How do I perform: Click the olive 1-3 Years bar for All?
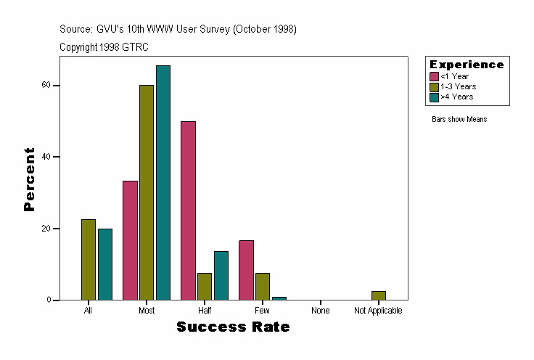click(x=89, y=259)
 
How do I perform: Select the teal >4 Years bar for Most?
click(x=163, y=182)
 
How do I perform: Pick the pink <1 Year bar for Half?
click(x=188, y=210)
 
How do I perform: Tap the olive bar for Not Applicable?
click(x=379, y=295)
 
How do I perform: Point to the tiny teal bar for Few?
click(x=279, y=298)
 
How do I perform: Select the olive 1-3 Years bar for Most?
click(x=147, y=192)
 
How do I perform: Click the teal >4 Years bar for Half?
click(x=221, y=275)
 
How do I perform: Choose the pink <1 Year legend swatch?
click(x=435, y=76)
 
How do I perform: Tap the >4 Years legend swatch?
click(x=435, y=97)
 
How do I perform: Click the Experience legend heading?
click(x=467, y=65)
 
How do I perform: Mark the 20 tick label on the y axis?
click(x=45, y=229)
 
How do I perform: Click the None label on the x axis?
click(x=321, y=311)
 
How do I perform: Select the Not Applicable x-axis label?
click(x=378, y=311)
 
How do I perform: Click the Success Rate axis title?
click(x=233, y=327)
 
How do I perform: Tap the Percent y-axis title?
click(x=29, y=179)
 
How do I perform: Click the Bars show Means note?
click(x=459, y=119)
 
